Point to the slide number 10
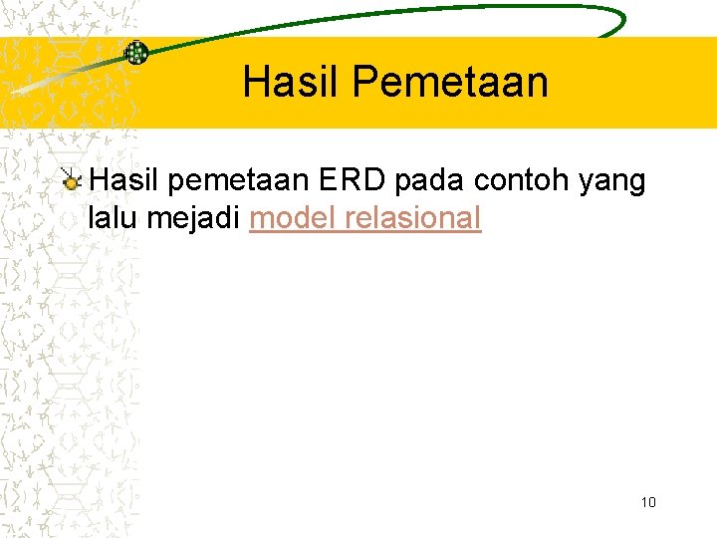pyautogui.click(x=648, y=502)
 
